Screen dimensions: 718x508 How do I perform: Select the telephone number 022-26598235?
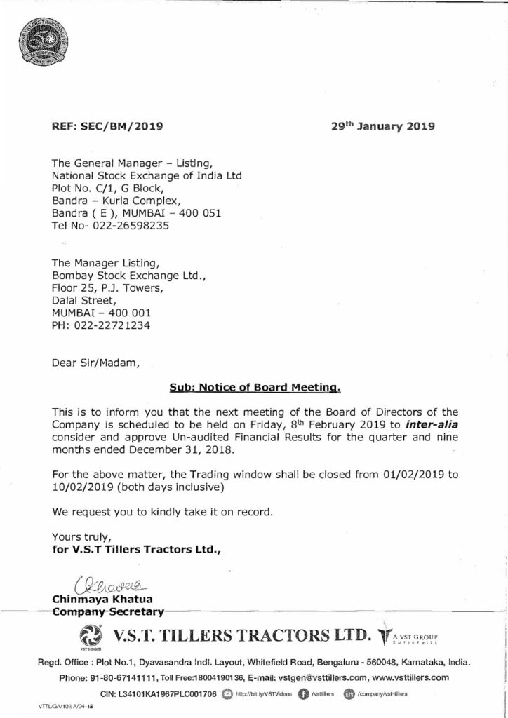click(128, 226)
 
